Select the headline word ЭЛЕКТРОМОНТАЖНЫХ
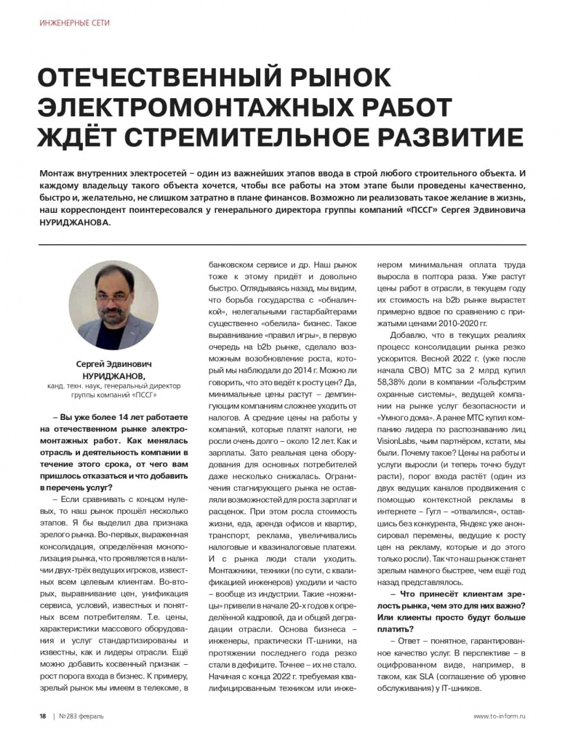pos(191,106)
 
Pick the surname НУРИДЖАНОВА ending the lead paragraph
pos(76,223)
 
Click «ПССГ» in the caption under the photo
pos(143,397)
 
